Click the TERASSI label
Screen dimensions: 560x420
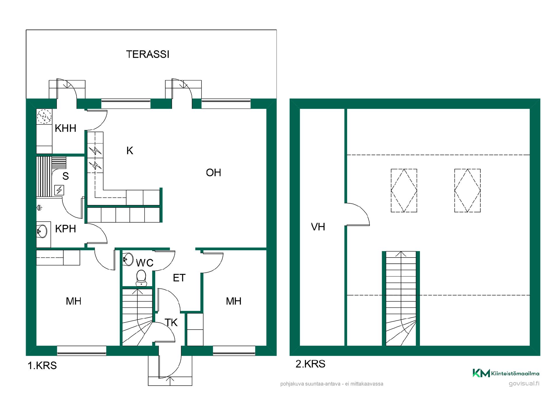pyautogui.click(x=148, y=54)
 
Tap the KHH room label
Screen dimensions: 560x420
pyautogui.click(x=66, y=128)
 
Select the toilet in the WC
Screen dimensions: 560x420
pyautogui.click(x=141, y=278)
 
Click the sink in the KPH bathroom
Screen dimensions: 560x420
pyautogui.click(x=42, y=232)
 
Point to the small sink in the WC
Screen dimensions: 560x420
pyautogui.click(x=128, y=259)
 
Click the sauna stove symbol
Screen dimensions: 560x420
pyautogui.click(x=59, y=190)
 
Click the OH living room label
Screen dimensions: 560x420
pyautogui.click(x=213, y=173)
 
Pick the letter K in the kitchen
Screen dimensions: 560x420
pyautogui.click(x=130, y=150)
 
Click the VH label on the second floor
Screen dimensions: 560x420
pyautogui.click(x=318, y=227)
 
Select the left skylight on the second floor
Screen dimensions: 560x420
pyautogui.click(x=404, y=190)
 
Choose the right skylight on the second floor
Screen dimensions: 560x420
pyautogui.click(x=467, y=190)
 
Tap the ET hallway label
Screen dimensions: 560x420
pyautogui.click(x=179, y=278)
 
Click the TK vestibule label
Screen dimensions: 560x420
pyautogui.click(x=171, y=323)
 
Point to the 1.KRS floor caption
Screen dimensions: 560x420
pyautogui.click(x=42, y=365)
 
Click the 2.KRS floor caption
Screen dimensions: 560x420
pyautogui.click(x=310, y=364)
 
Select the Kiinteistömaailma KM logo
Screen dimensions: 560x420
pyautogui.click(x=506, y=373)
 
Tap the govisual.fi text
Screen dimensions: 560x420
pyautogui.click(x=524, y=384)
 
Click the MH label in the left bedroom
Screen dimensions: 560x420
pyautogui.click(x=73, y=301)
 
